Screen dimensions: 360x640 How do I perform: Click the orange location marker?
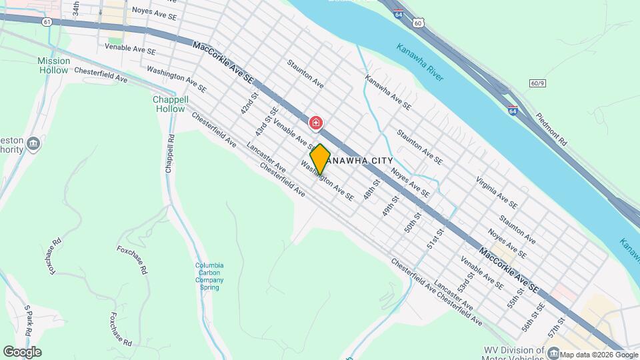[x=321, y=159]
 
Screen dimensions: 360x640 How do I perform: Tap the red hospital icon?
[x=316, y=123]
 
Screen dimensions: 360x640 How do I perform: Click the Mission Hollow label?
[x=53, y=65]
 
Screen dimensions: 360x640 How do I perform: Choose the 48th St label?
[x=371, y=191]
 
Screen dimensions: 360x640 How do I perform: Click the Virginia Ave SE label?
[x=497, y=193]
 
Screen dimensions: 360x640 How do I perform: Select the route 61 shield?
[x=46, y=22]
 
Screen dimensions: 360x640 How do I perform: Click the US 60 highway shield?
[x=417, y=23]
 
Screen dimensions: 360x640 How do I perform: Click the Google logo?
[x=22, y=351]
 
